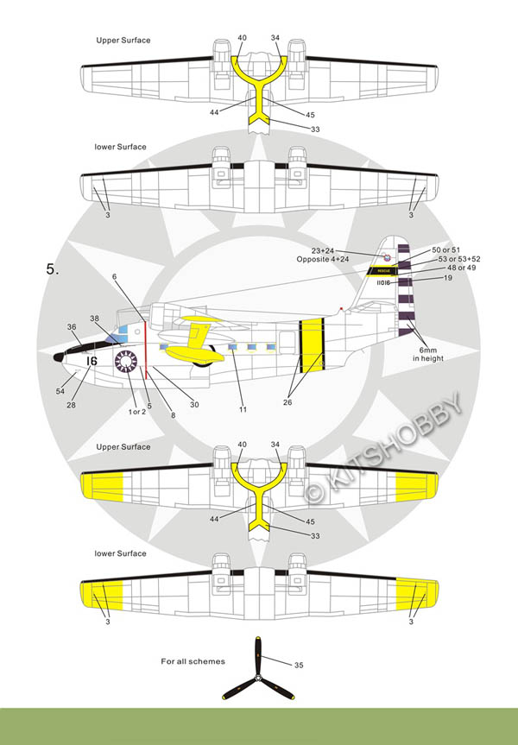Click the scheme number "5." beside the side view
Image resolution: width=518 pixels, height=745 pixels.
(54, 269)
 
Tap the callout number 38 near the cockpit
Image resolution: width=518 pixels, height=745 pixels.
(94, 318)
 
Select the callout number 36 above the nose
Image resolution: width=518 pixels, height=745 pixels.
(72, 326)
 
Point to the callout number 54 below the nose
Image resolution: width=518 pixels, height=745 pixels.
(60, 391)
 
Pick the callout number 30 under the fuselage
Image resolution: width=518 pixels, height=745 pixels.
(194, 405)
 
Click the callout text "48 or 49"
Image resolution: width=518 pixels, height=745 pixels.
(458, 268)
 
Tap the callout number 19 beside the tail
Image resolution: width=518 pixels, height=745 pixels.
(448, 278)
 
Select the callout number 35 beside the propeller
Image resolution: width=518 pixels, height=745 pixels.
(299, 665)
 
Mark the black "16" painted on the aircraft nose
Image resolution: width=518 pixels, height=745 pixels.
(92, 360)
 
